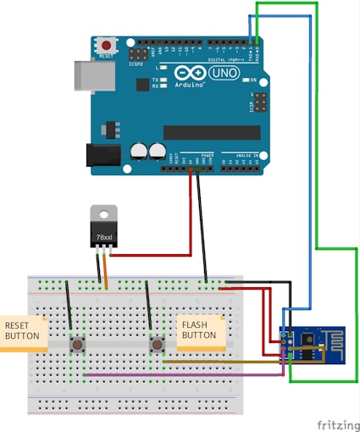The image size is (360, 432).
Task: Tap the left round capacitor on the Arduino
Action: coord(140,151)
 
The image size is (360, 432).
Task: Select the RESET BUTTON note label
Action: coord(20,331)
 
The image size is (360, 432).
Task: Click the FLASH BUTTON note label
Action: coord(202,330)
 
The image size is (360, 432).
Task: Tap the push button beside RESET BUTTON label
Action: coord(77,344)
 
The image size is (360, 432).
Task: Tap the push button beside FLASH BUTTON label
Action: coord(157,344)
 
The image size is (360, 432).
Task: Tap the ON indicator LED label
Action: coord(252,80)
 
